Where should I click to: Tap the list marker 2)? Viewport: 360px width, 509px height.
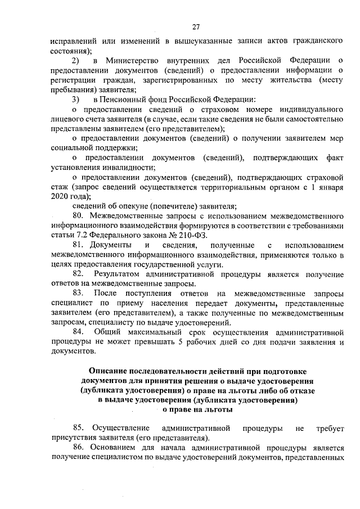point(76,60)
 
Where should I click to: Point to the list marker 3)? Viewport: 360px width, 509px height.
point(76,99)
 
